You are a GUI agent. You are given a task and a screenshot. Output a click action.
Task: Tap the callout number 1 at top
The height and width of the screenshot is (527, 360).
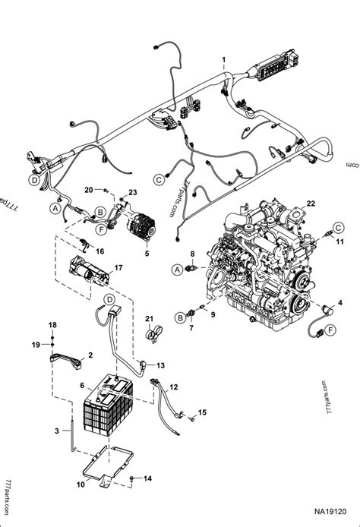223,59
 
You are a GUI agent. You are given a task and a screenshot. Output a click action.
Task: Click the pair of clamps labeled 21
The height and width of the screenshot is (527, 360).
154,331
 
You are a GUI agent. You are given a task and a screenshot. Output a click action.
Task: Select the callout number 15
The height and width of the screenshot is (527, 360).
202,412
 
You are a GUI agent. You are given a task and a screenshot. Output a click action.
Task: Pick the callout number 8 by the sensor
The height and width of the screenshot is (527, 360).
192,253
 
